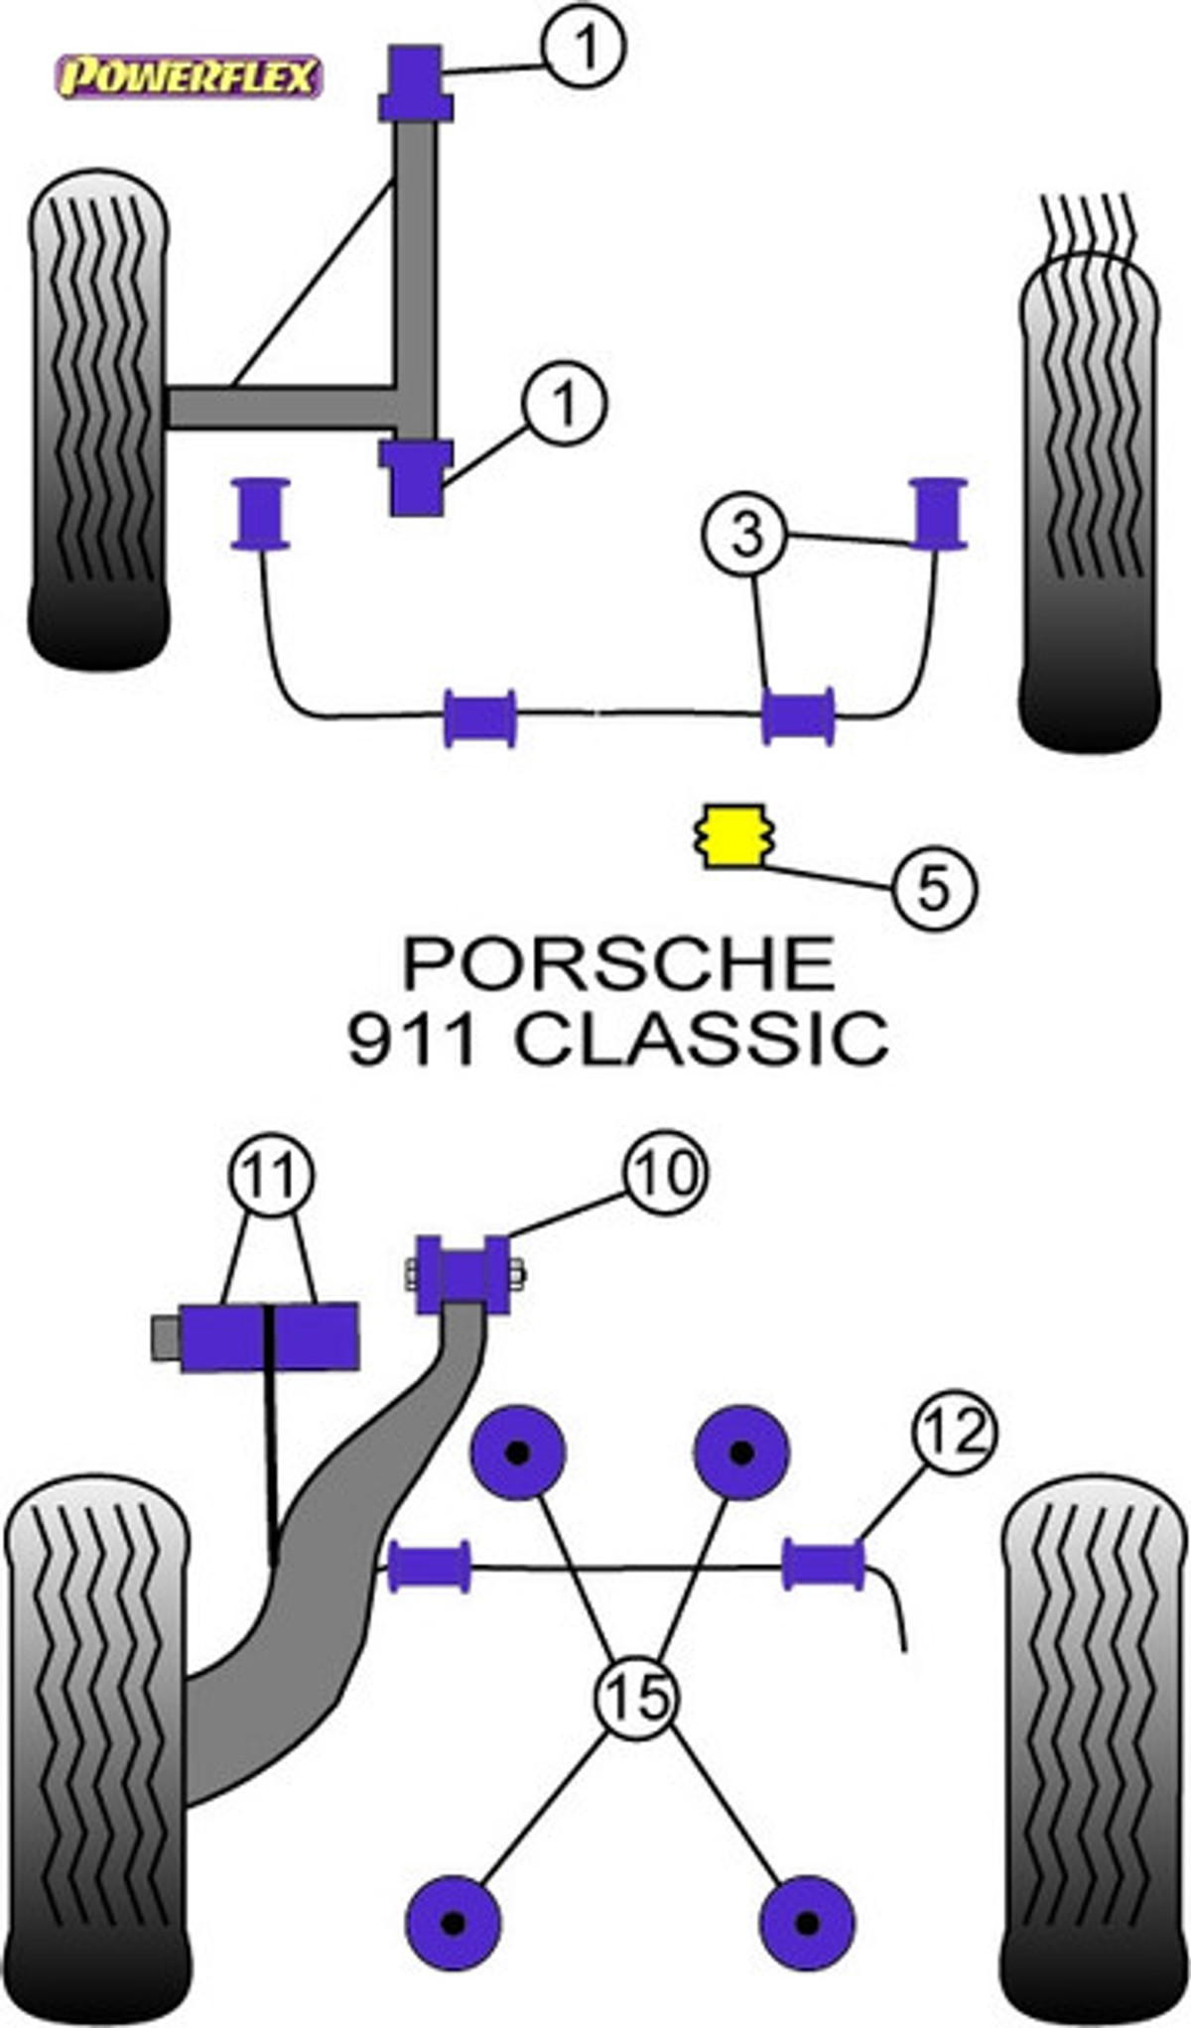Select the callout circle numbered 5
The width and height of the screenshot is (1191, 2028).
934,885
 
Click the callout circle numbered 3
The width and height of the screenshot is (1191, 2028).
745,535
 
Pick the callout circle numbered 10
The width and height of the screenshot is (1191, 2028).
665,1174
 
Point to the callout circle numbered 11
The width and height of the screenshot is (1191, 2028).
271,1177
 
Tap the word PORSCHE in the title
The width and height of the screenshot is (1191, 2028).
618,963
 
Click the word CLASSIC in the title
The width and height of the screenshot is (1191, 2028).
701,1039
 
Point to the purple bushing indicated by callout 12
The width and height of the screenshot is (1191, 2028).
823,1563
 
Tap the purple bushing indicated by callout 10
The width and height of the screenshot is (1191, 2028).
463,1274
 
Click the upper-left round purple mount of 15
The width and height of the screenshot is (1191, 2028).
517,1453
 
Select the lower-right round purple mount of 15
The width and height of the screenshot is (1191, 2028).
807,1923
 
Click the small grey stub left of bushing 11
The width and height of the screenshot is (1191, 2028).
166,1337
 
